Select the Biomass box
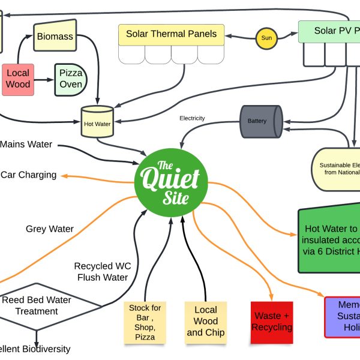point(55,36)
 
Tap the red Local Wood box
point(17,79)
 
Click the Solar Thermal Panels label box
point(171,34)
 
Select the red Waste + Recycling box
point(272,322)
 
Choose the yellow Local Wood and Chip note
point(206,322)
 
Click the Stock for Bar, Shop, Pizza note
point(145,322)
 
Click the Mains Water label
point(26,144)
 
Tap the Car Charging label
point(29,175)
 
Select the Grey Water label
point(50,229)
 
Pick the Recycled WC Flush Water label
point(103,271)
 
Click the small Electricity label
point(192,118)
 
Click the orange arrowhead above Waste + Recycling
point(272,296)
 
